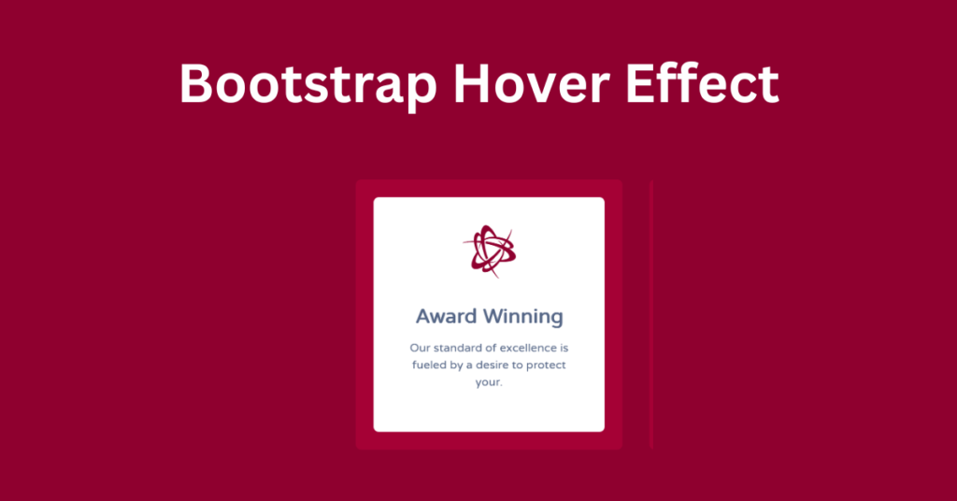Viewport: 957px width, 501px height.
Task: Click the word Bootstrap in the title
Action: pos(308,85)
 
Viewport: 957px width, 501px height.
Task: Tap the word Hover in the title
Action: pos(531,83)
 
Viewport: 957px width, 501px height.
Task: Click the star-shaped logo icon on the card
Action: pos(489,250)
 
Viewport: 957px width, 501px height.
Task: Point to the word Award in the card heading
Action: pos(446,316)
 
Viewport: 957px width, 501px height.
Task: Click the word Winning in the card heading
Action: pos(522,317)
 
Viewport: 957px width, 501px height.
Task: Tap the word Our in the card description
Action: pos(420,348)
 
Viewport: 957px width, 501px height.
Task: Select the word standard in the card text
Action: pos(456,348)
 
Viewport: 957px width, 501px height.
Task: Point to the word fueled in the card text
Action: pos(428,365)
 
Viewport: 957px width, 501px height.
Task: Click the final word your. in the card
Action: pos(489,382)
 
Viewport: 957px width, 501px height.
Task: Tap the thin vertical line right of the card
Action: pos(651,315)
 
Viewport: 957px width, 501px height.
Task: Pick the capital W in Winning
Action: pos(495,316)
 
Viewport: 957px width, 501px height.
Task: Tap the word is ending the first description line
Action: pos(564,348)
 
